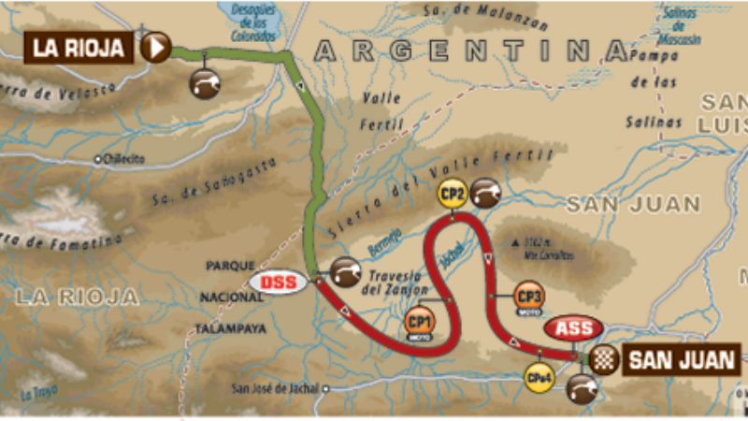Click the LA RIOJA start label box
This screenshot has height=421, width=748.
(x=79, y=46)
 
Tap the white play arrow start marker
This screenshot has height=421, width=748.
(x=156, y=46)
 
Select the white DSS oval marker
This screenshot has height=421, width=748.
(x=280, y=280)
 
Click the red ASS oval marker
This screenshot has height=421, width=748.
(x=574, y=329)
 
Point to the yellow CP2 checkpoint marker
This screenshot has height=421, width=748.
(x=452, y=194)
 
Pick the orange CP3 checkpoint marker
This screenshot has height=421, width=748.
(x=528, y=296)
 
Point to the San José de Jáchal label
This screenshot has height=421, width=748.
(x=275, y=389)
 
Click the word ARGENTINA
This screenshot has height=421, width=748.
(x=468, y=51)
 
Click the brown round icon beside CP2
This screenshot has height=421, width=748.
(x=485, y=193)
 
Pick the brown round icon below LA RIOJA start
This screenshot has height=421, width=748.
(x=205, y=83)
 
